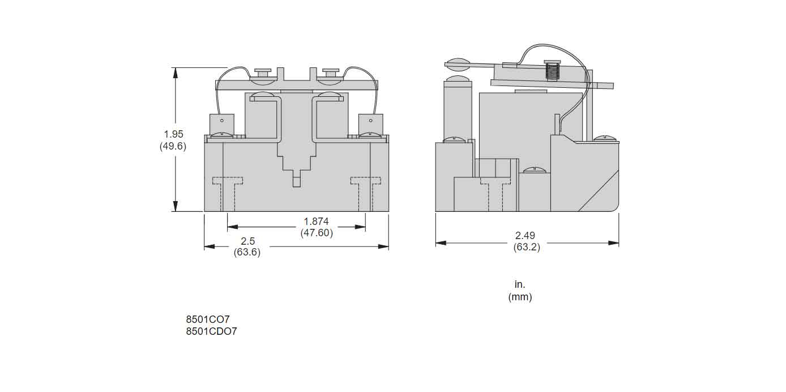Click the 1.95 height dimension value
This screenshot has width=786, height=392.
coord(174,134)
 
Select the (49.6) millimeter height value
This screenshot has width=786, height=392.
coord(173,146)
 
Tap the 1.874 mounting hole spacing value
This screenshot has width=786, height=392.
coord(316,221)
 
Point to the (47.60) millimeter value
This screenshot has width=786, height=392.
coord(316,233)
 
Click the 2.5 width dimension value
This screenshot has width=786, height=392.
coord(247,241)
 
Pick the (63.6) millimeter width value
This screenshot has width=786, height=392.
coord(247,253)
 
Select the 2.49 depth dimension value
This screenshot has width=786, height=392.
coord(525,236)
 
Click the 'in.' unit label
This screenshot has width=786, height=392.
coord(520,284)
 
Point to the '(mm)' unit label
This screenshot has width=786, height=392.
coord(520,297)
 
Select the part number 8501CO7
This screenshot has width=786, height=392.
coord(207,319)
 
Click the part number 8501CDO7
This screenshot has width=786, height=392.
coord(211,331)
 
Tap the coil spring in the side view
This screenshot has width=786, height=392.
coord(551,71)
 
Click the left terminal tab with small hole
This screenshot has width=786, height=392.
coord(222,123)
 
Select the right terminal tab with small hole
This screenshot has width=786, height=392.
coord(370,123)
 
